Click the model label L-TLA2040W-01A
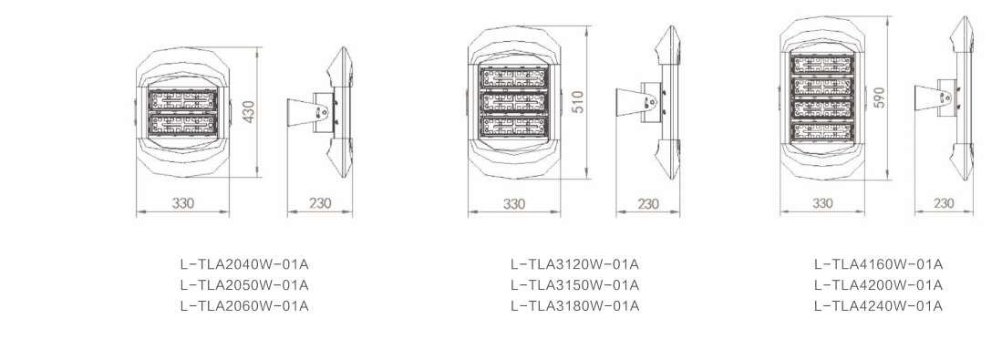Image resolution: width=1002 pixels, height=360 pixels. [244, 264]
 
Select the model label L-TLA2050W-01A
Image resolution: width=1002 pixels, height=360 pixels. [244, 285]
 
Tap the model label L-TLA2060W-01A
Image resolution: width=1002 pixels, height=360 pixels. [244, 306]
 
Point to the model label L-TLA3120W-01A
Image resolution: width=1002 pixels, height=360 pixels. [574, 264]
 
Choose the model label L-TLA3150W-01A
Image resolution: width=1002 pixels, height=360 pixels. [574, 285]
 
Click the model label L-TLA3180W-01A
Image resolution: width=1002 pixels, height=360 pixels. [574, 306]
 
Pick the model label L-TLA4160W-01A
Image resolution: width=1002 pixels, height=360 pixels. [878, 264]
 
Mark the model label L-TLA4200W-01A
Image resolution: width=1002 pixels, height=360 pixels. [878, 285]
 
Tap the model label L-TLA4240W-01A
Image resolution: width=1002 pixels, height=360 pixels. [878, 306]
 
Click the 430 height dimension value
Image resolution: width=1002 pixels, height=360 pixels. [249, 112]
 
